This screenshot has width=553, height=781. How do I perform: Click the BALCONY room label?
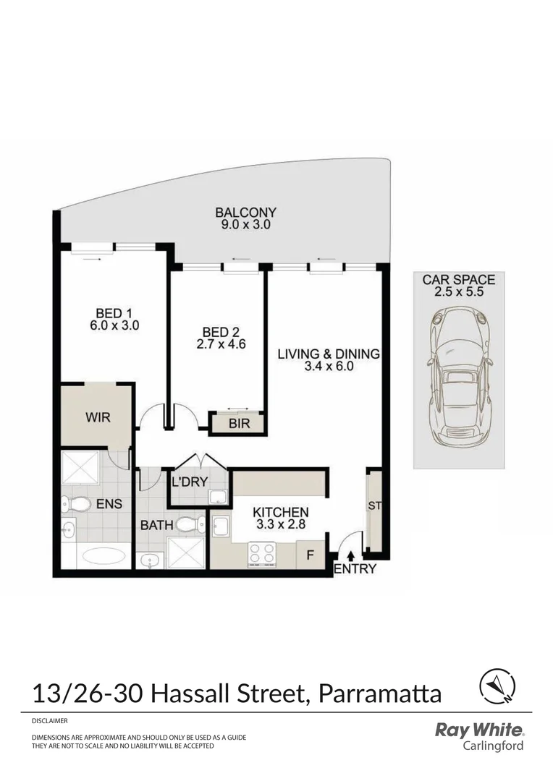click(x=245, y=213)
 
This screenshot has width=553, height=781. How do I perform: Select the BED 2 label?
click(x=221, y=332)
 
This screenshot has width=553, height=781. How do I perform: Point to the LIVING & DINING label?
click(x=329, y=354)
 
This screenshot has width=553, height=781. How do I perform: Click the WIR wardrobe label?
click(x=98, y=418)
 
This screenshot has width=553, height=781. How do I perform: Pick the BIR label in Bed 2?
click(x=239, y=424)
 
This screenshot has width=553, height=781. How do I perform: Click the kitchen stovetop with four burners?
click(x=262, y=554)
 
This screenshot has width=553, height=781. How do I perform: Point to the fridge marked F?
click(x=311, y=555)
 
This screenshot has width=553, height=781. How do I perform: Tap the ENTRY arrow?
click(x=352, y=556)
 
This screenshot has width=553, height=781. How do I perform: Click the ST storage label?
click(x=374, y=506)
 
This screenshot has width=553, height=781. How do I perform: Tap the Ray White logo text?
click(x=478, y=730)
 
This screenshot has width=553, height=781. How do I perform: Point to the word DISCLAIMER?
click(x=50, y=721)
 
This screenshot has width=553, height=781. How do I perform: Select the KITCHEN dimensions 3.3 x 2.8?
click(x=280, y=524)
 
